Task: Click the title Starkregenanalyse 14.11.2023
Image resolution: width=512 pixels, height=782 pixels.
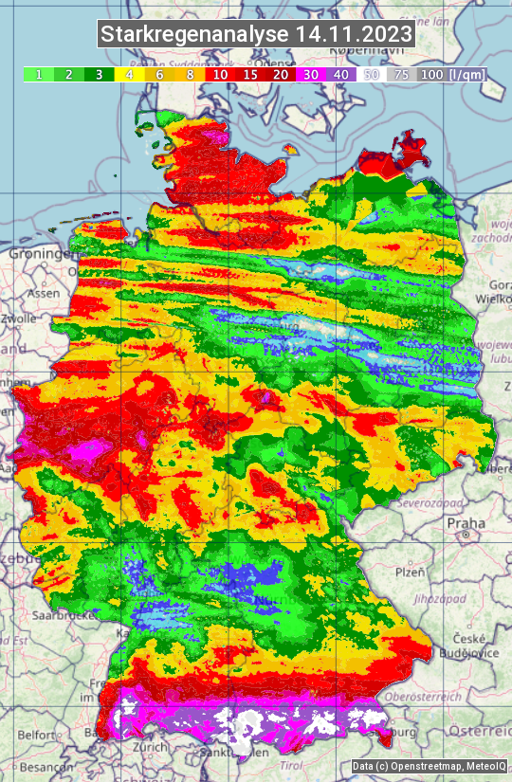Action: click(x=256, y=35)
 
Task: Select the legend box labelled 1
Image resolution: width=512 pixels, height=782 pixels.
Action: click(x=38, y=74)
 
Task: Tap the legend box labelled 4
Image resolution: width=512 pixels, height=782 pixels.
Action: click(x=127, y=74)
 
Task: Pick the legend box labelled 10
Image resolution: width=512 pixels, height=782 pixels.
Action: click(x=220, y=74)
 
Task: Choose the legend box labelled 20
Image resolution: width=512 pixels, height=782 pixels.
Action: click(x=281, y=74)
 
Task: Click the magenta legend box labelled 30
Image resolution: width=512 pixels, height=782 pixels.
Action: click(x=311, y=74)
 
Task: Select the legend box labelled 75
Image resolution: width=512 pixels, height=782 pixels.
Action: click(x=401, y=74)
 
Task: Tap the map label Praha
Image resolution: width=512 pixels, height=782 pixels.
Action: click(x=466, y=523)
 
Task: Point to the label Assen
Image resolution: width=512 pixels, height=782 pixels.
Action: click(x=42, y=294)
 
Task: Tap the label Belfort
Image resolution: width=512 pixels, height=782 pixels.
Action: click(x=39, y=735)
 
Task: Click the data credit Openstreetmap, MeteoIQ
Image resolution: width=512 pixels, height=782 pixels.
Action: click(x=430, y=766)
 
